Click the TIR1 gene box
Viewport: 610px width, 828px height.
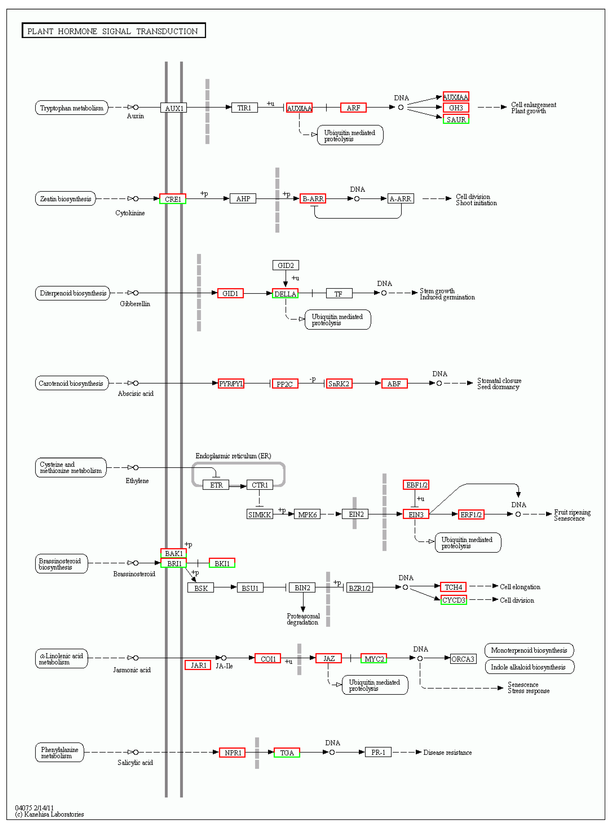click(x=244, y=108)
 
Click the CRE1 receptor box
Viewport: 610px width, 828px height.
click(x=172, y=199)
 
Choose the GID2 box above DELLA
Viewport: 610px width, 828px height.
click(x=285, y=265)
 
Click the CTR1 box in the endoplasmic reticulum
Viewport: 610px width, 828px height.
click(x=260, y=485)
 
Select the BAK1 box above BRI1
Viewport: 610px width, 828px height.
click(x=174, y=553)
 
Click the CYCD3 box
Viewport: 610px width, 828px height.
click(x=454, y=600)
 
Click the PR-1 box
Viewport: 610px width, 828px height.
click(x=378, y=752)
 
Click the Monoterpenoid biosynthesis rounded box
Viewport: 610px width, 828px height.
click(x=529, y=650)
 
